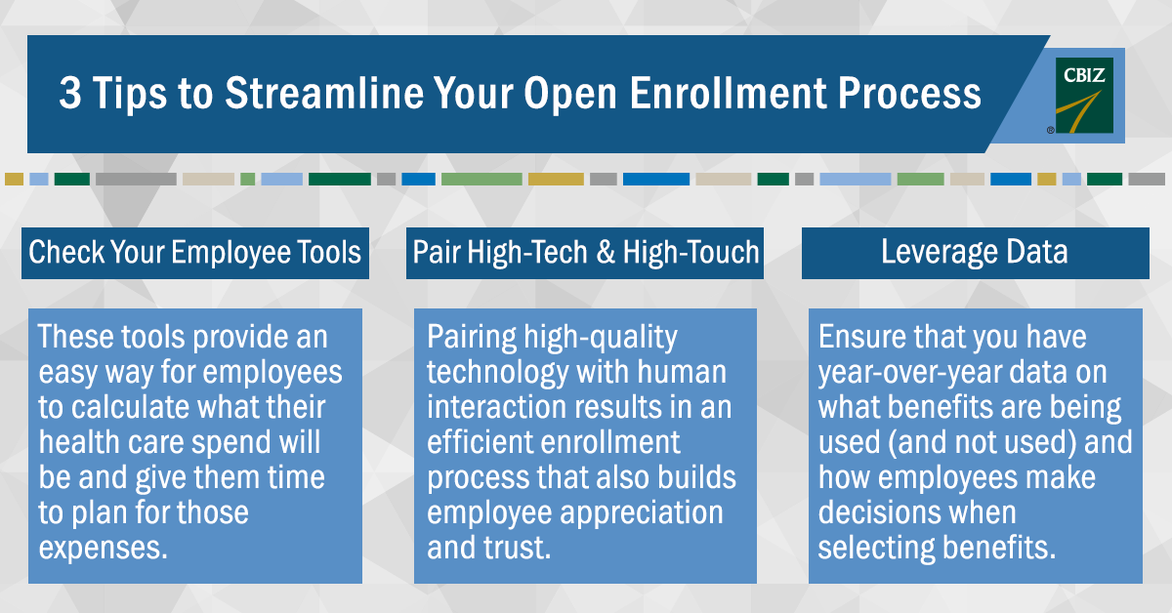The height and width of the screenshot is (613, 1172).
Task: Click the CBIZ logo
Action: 1084,96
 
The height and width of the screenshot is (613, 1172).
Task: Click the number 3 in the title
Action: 70,93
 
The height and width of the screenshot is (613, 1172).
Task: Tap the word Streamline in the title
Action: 324,93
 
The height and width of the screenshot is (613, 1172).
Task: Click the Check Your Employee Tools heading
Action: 194,253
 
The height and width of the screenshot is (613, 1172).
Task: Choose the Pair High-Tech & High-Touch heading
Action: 585,253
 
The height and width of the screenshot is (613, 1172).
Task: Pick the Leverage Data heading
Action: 975,252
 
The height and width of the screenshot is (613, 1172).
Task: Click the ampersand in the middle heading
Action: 606,252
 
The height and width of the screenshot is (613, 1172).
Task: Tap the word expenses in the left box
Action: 104,549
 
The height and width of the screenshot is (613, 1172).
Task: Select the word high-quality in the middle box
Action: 601,338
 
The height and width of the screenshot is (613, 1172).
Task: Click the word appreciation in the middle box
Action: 642,513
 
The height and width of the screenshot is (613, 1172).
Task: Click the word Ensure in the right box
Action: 861,337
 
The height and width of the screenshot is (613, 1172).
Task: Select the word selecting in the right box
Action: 876,549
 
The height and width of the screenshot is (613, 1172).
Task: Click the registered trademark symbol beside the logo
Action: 1051,130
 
